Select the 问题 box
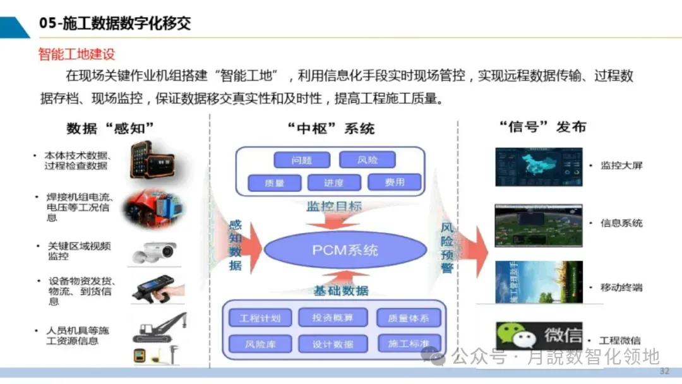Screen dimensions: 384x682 pyautogui.click(x=302, y=160)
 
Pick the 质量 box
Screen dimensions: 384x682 pyautogui.click(x=274, y=183)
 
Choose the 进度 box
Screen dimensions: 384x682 pyautogui.click(x=333, y=183)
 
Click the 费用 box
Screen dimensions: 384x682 pyautogui.click(x=394, y=182)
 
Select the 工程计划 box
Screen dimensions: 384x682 pyautogui.click(x=260, y=318)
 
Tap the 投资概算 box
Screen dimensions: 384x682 pyautogui.click(x=332, y=317)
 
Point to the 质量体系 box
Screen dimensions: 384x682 pyautogui.click(x=408, y=318)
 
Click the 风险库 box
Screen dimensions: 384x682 pyautogui.click(x=260, y=344)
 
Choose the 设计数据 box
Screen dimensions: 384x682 pyautogui.click(x=332, y=344)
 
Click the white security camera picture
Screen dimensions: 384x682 pyautogui.click(x=154, y=251)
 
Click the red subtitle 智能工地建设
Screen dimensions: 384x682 pyautogui.click(x=76, y=54)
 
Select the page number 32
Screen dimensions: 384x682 pyautogui.click(x=664, y=371)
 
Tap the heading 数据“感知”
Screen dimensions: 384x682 pyautogui.click(x=110, y=128)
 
